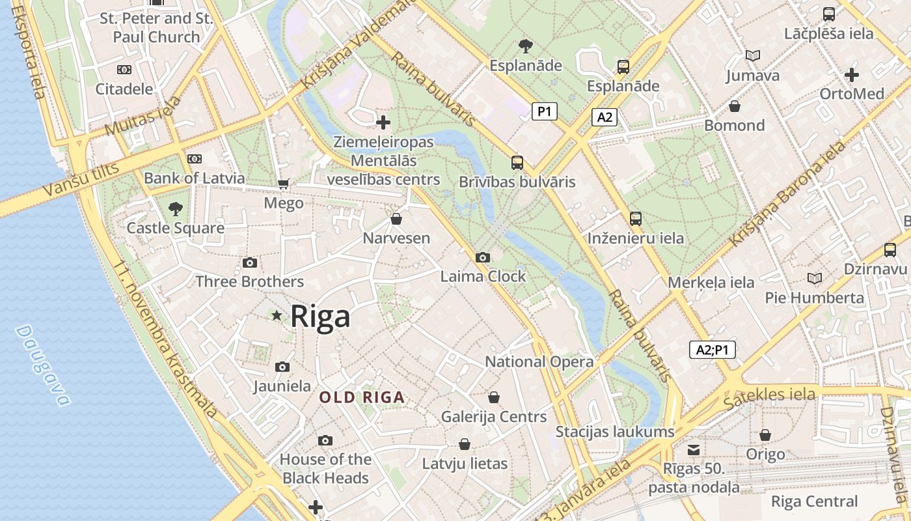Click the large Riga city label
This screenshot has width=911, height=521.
[320, 317]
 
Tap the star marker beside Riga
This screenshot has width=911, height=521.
[277, 316]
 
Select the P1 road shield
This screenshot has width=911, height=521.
[545, 112]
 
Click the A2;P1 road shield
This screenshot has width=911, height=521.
[712, 350]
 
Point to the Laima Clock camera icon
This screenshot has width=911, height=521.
[482, 257]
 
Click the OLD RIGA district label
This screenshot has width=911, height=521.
[362, 397]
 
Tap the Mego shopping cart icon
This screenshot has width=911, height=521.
[283, 184]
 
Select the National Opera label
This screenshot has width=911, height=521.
[539, 361]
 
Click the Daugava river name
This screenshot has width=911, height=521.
[42, 365]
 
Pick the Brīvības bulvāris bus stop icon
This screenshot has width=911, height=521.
[517, 162]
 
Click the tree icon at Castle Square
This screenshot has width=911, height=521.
[175, 209]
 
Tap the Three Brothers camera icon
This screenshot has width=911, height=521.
[249, 262]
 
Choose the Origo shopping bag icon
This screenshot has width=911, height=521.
[765, 434]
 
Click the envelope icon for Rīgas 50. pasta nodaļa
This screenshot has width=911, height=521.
[694, 449]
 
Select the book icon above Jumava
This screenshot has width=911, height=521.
[753, 56]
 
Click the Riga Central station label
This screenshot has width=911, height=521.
[814, 501]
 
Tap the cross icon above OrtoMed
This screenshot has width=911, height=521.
[852, 74]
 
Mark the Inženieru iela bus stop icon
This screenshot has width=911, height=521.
[635, 219]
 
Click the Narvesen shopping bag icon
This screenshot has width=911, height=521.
[396, 219]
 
